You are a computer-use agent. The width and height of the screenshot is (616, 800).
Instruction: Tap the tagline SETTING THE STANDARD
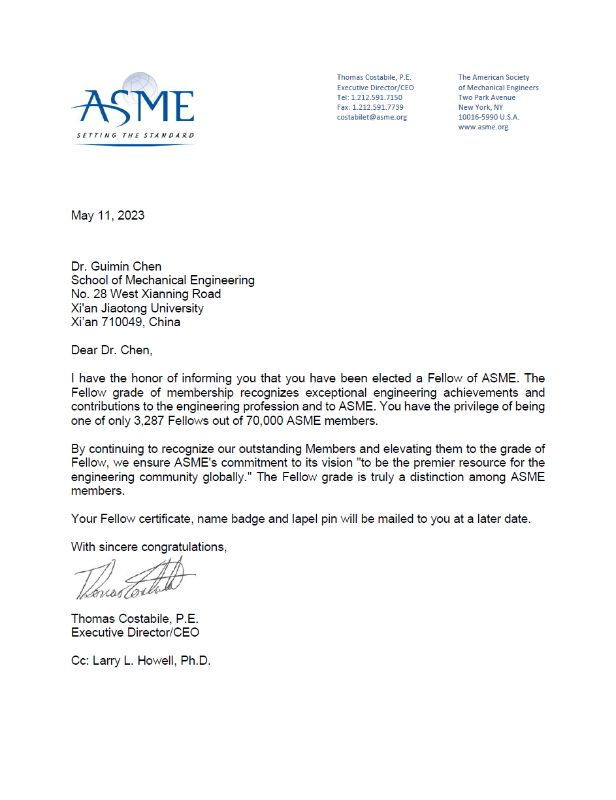135,135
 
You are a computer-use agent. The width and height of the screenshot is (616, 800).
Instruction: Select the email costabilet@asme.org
372,117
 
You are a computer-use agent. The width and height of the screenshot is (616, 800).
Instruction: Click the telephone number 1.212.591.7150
378,97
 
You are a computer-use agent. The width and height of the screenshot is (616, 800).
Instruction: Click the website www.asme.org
483,127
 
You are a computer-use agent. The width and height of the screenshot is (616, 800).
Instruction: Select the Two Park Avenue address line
487,97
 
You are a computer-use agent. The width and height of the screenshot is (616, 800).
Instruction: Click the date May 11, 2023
108,215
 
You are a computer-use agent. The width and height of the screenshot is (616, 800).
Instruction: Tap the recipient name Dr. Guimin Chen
116,266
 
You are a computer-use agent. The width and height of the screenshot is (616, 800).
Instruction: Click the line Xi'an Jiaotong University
137,308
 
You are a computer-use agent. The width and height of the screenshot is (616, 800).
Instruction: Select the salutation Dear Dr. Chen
111,350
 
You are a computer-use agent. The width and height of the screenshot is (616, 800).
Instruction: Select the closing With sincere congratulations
149,546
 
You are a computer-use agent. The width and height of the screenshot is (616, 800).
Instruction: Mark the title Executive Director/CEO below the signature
135,632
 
